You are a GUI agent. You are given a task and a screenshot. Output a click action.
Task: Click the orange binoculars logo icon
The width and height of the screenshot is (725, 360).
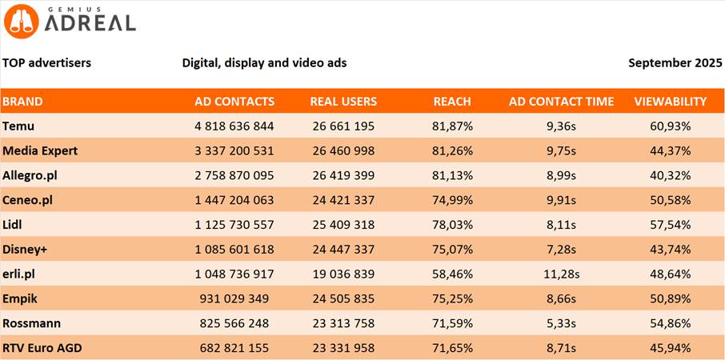click(x=20, y=21)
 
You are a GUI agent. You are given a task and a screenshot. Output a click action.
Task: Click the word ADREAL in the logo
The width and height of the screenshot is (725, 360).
click(x=90, y=22)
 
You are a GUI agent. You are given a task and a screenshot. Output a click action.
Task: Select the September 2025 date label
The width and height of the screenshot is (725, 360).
click(x=674, y=62)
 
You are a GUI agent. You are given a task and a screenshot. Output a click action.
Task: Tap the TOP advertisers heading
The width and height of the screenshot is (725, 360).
click(x=46, y=62)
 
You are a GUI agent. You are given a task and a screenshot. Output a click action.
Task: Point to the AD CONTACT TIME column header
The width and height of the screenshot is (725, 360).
click(x=561, y=102)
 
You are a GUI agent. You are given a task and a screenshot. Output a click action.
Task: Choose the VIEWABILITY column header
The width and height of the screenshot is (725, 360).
click(x=670, y=102)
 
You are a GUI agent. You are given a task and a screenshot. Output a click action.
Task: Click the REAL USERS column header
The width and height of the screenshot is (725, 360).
click(x=343, y=102)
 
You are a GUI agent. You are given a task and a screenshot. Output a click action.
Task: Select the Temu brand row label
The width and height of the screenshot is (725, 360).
click(x=18, y=126)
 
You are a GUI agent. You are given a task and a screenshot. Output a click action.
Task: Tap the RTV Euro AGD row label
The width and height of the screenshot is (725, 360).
click(x=42, y=348)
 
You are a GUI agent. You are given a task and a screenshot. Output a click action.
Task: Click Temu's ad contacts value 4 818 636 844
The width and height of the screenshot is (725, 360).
click(x=234, y=126)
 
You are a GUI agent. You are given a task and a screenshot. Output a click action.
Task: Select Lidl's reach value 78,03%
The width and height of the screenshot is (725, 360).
click(x=452, y=225)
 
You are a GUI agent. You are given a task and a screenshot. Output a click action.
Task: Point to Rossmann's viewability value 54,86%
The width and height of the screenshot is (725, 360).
click(x=670, y=323)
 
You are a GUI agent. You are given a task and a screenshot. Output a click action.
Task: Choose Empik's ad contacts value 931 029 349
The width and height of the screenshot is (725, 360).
click(x=234, y=298)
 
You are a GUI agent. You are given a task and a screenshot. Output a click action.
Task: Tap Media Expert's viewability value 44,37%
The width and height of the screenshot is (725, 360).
click(x=670, y=150)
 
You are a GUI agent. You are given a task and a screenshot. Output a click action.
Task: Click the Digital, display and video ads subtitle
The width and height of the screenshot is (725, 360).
click(x=264, y=62)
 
